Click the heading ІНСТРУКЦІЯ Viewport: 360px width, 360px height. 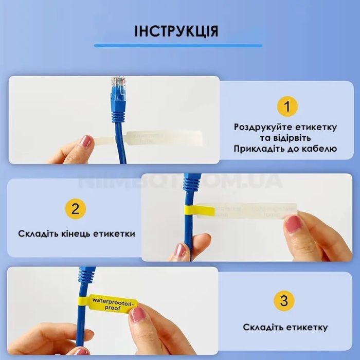pyautogui.click(x=176, y=30)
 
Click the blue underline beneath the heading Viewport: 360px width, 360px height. pyautogui.click(x=178, y=46)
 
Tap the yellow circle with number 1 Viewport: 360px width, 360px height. pyautogui.click(x=287, y=106)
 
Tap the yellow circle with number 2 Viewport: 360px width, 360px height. pyautogui.click(x=75, y=209)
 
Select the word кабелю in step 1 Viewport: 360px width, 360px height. pyautogui.click(x=320, y=149)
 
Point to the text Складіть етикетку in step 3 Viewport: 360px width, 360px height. pyautogui.click(x=285, y=328)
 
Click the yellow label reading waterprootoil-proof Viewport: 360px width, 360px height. pyautogui.click(x=112, y=304)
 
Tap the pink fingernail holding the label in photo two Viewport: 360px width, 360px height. pyautogui.click(x=293, y=223)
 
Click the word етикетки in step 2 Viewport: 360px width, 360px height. pyautogui.click(x=114, y=233)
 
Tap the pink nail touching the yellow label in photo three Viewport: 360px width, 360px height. pyautogui.click(x=137, y=313)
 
